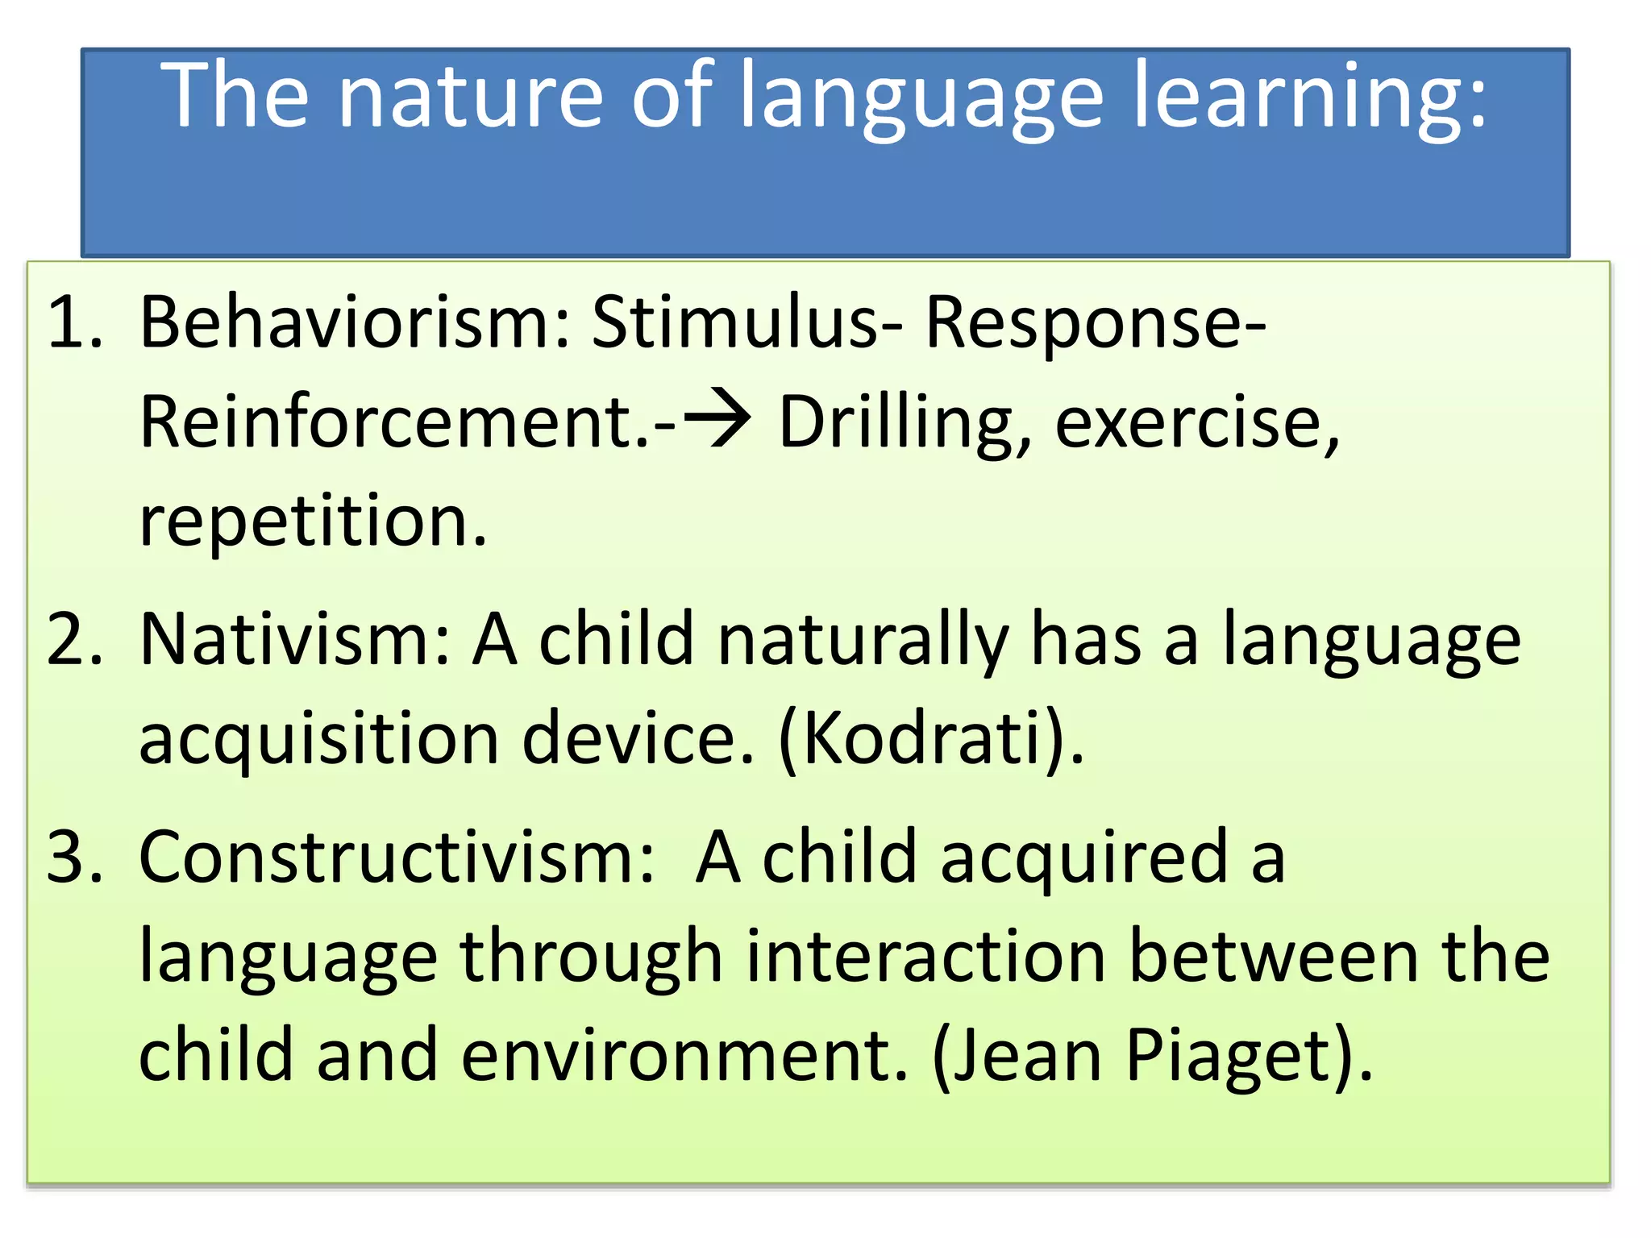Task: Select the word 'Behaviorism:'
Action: pyautogui.click(x=355, y=322)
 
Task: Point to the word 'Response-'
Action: pyautogui.click(x=1096, y=322)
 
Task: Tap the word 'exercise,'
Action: pyautogui.click(x=1198, y=423)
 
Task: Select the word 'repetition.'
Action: pyautogui.click(x=314, y=522)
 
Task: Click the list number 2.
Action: pyautogui.click(x=74, y=639)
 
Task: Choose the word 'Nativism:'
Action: pyautogui.click(x=294, y=639)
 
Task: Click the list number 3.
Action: pyautogui.click(x=74, y=857)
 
